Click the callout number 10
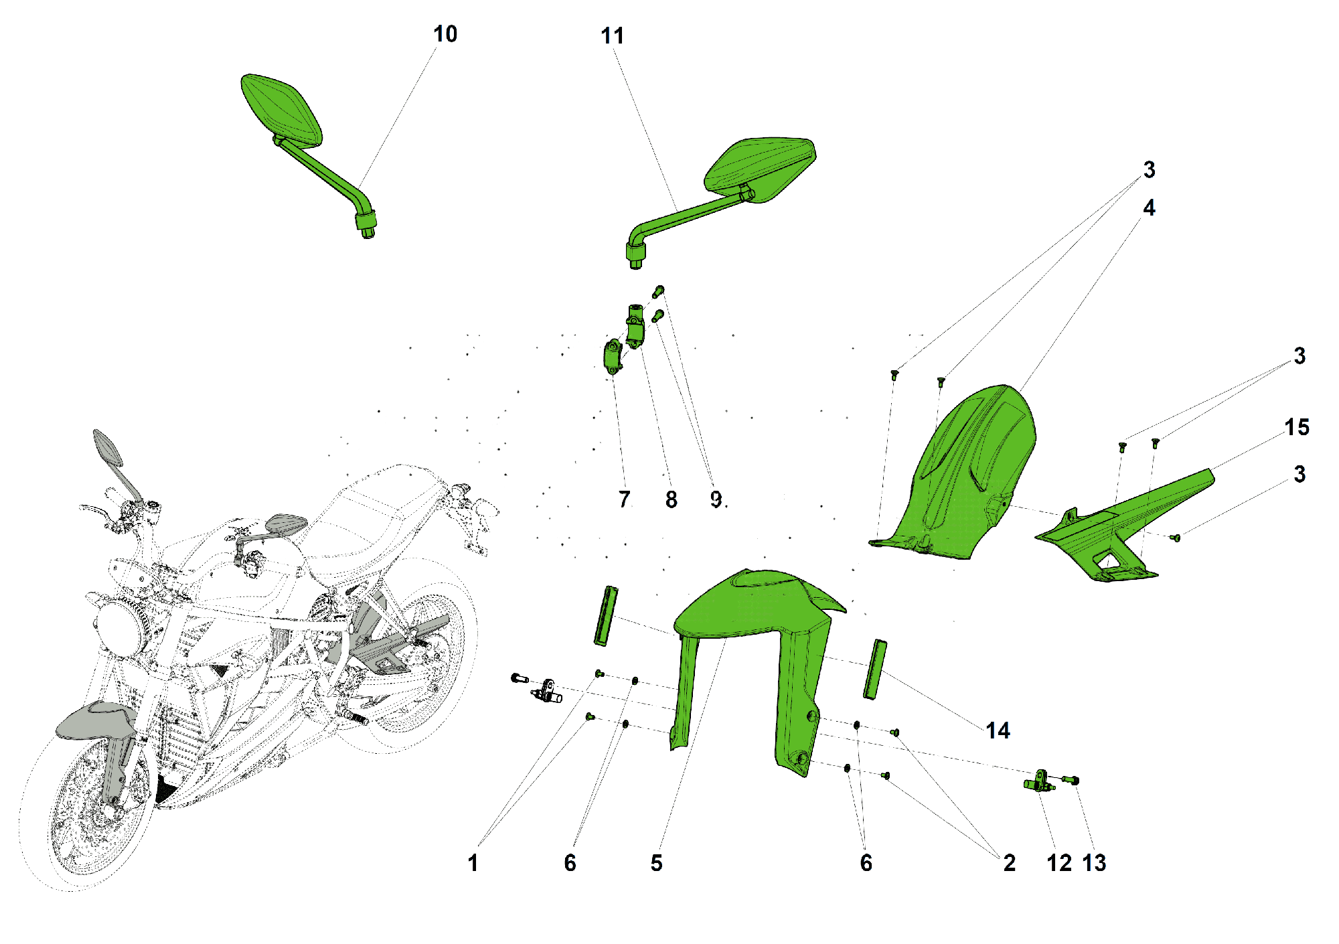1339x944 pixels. click(445, 34)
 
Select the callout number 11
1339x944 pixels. click(613, 36)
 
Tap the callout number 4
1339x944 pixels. click(1149, 208)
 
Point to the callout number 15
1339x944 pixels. click(1297, 427)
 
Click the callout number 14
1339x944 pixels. click(998, 730)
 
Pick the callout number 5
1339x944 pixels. click(657, 863)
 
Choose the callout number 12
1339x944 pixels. click(1059, 863)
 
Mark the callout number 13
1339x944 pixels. click(1095, 863)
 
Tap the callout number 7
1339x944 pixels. click(624, 499)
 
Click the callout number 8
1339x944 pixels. click(671, 499)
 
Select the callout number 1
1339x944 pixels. click(473, 863)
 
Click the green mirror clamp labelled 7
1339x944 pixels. click(612, 357)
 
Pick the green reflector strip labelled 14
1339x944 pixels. click(874, 670)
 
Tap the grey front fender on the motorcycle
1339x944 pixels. click(94, 720)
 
